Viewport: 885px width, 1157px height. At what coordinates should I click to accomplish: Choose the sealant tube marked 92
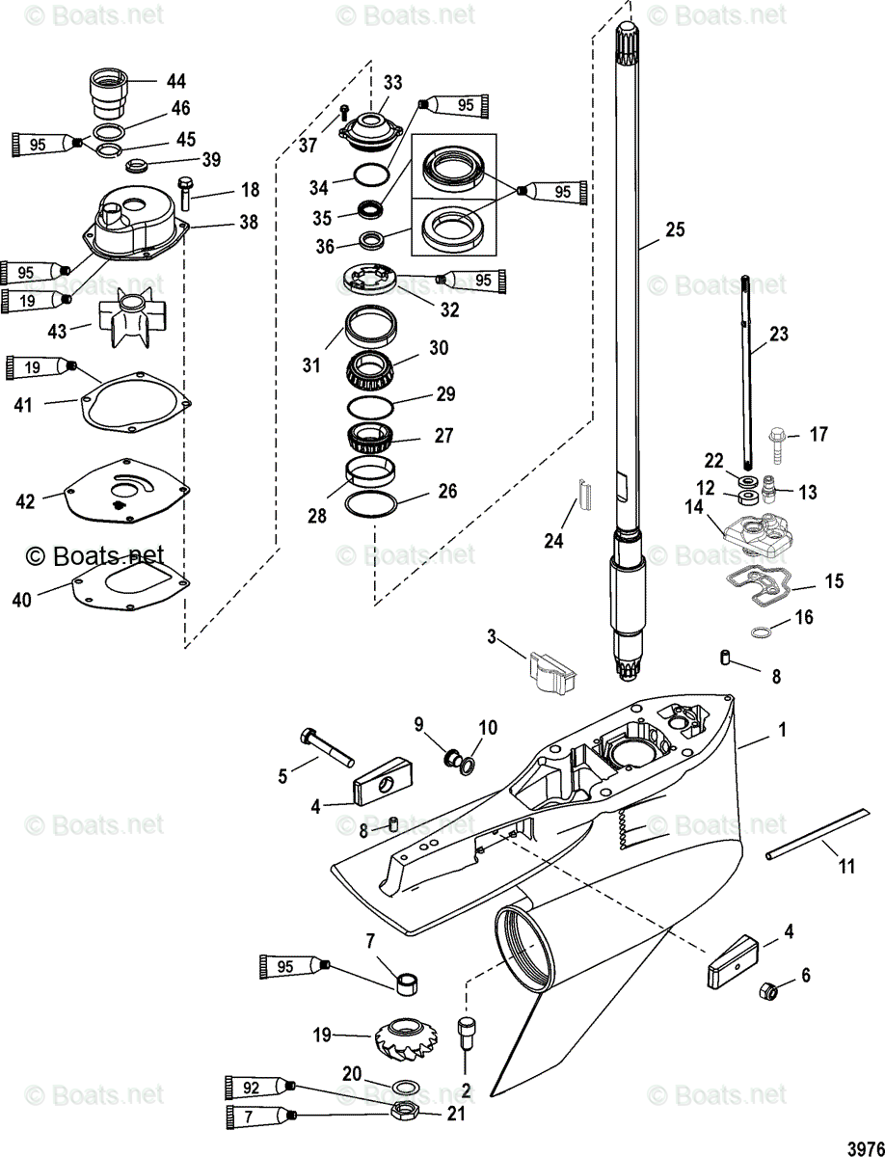pos(258,1087)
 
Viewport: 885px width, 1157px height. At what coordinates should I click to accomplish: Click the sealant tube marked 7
pos(258,1116)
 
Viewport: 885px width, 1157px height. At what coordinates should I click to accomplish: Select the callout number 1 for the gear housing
pos(782,731)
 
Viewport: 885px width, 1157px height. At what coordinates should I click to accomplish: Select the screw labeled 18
pos(186,195)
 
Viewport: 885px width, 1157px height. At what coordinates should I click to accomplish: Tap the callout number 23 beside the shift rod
pos(778,335)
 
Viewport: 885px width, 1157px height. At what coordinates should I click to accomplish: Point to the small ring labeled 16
pos(760,632)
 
